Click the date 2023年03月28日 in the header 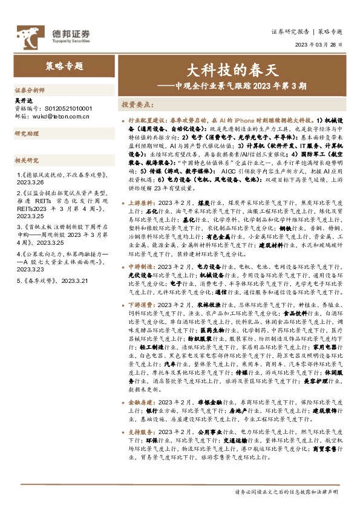(318, 45)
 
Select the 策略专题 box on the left (64, 66)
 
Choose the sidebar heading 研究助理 (27, 133)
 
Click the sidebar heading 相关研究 (27, 160)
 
